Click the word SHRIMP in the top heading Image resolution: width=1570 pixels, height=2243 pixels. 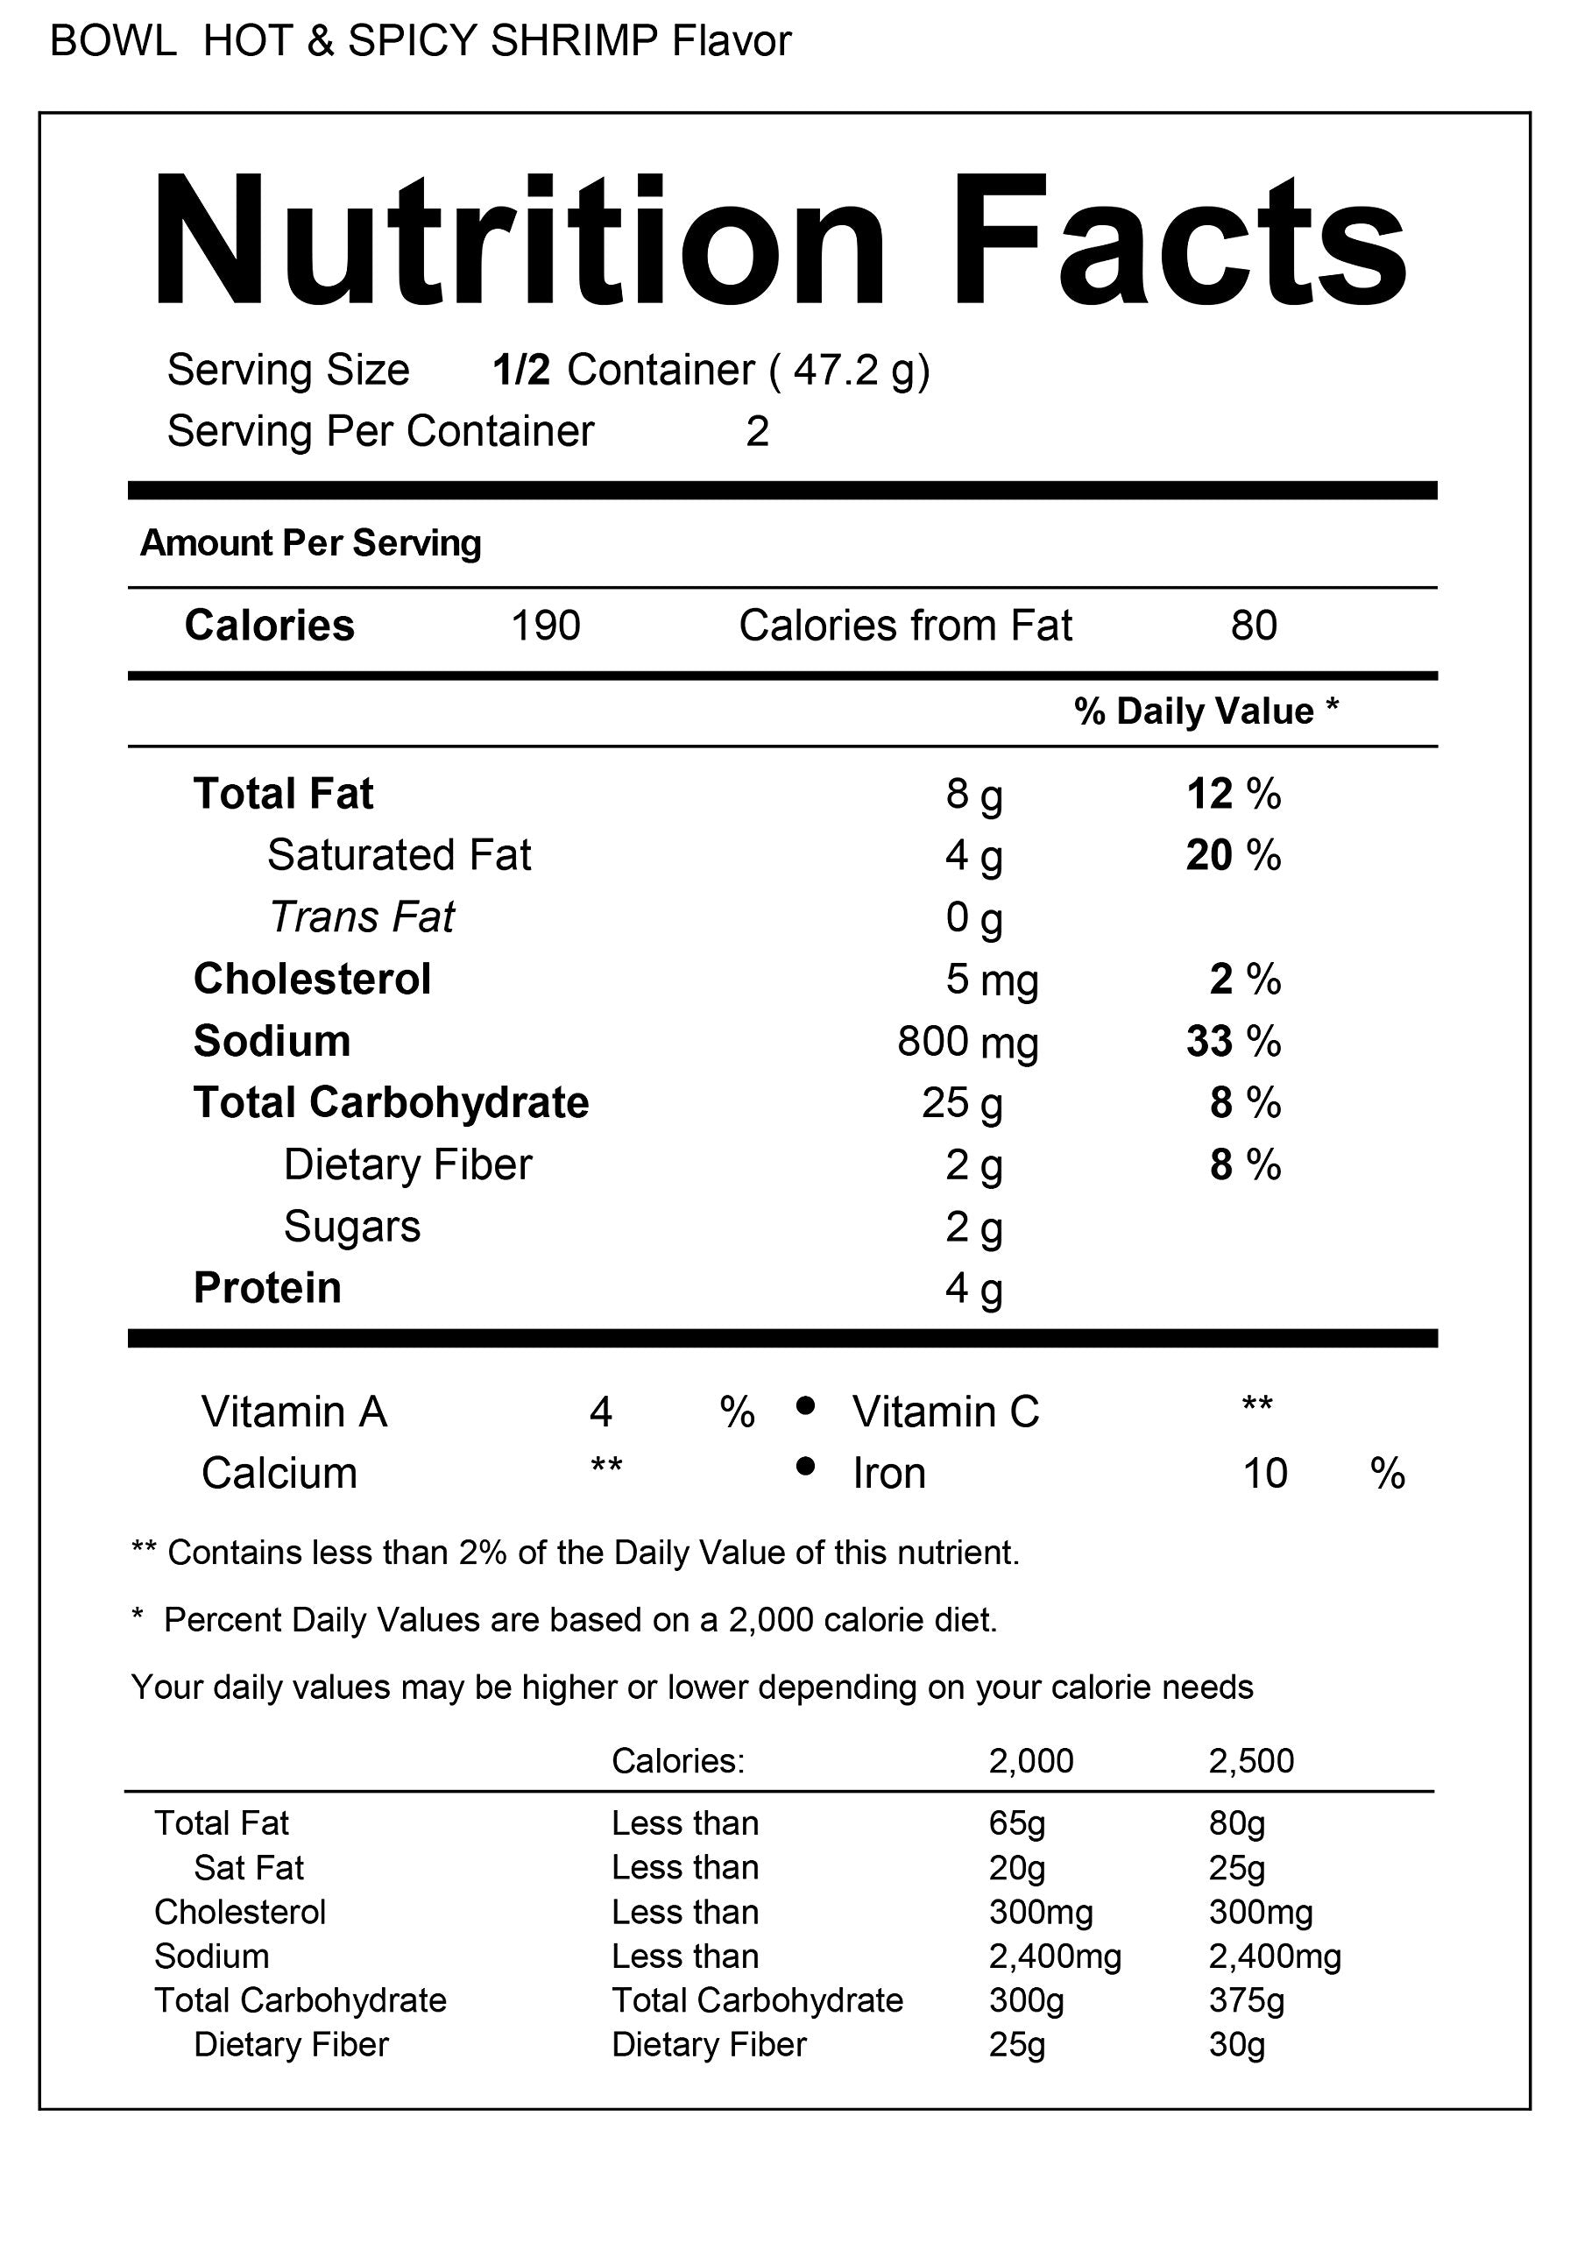click(575, 42)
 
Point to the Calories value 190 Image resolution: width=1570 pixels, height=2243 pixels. click(545, 626)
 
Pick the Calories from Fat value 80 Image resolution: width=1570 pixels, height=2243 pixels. click(1254, 626)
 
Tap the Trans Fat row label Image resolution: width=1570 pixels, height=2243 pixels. click(362, 917)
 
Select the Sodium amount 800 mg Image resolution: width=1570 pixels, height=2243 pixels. click(967, 1042)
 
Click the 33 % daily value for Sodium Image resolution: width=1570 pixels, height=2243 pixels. click(1233, 1042)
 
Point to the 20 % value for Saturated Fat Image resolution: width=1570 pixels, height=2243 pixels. click(1233, 856)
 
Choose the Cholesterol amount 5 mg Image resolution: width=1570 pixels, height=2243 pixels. click(991, 980)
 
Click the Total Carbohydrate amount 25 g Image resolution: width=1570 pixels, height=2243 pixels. click(962, 1103)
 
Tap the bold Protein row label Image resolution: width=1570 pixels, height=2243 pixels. click(268, 1288)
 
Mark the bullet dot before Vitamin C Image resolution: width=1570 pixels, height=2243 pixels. click(806, 1405)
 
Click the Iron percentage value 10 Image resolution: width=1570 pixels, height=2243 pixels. click(1265, 1473)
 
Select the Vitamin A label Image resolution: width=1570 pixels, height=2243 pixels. click(294, 1412)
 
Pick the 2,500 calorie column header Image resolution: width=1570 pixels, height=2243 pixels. click(1250, 1760)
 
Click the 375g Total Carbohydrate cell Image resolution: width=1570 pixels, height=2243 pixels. click(1246, 1999)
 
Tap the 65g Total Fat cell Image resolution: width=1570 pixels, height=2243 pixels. click(1016, 1823)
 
